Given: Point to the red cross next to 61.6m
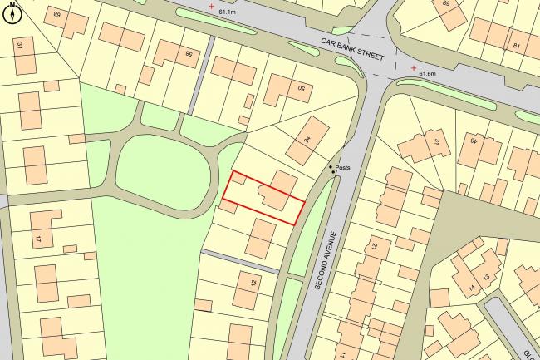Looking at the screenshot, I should [x=414, y=68].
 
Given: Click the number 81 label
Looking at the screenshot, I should [x=517, y=45].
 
